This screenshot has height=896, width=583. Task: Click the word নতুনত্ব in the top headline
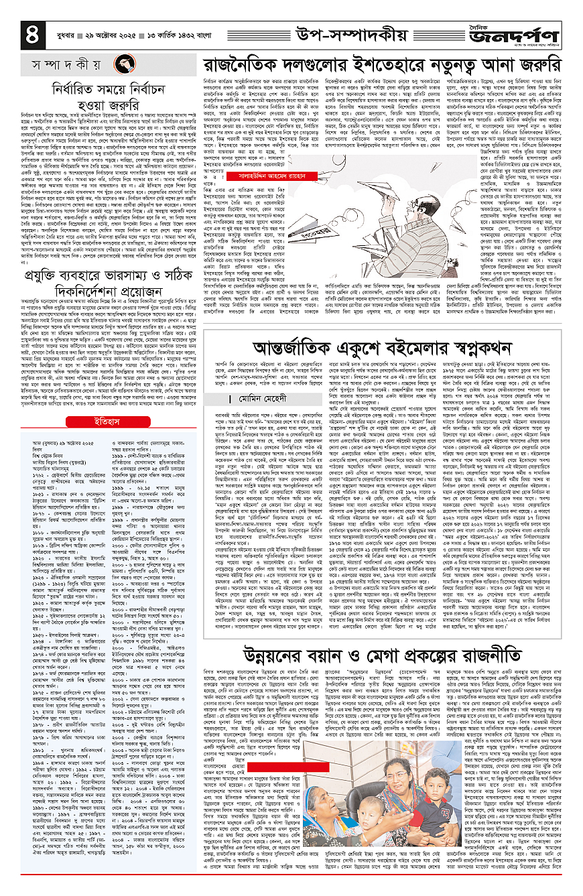coord(437,66)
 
